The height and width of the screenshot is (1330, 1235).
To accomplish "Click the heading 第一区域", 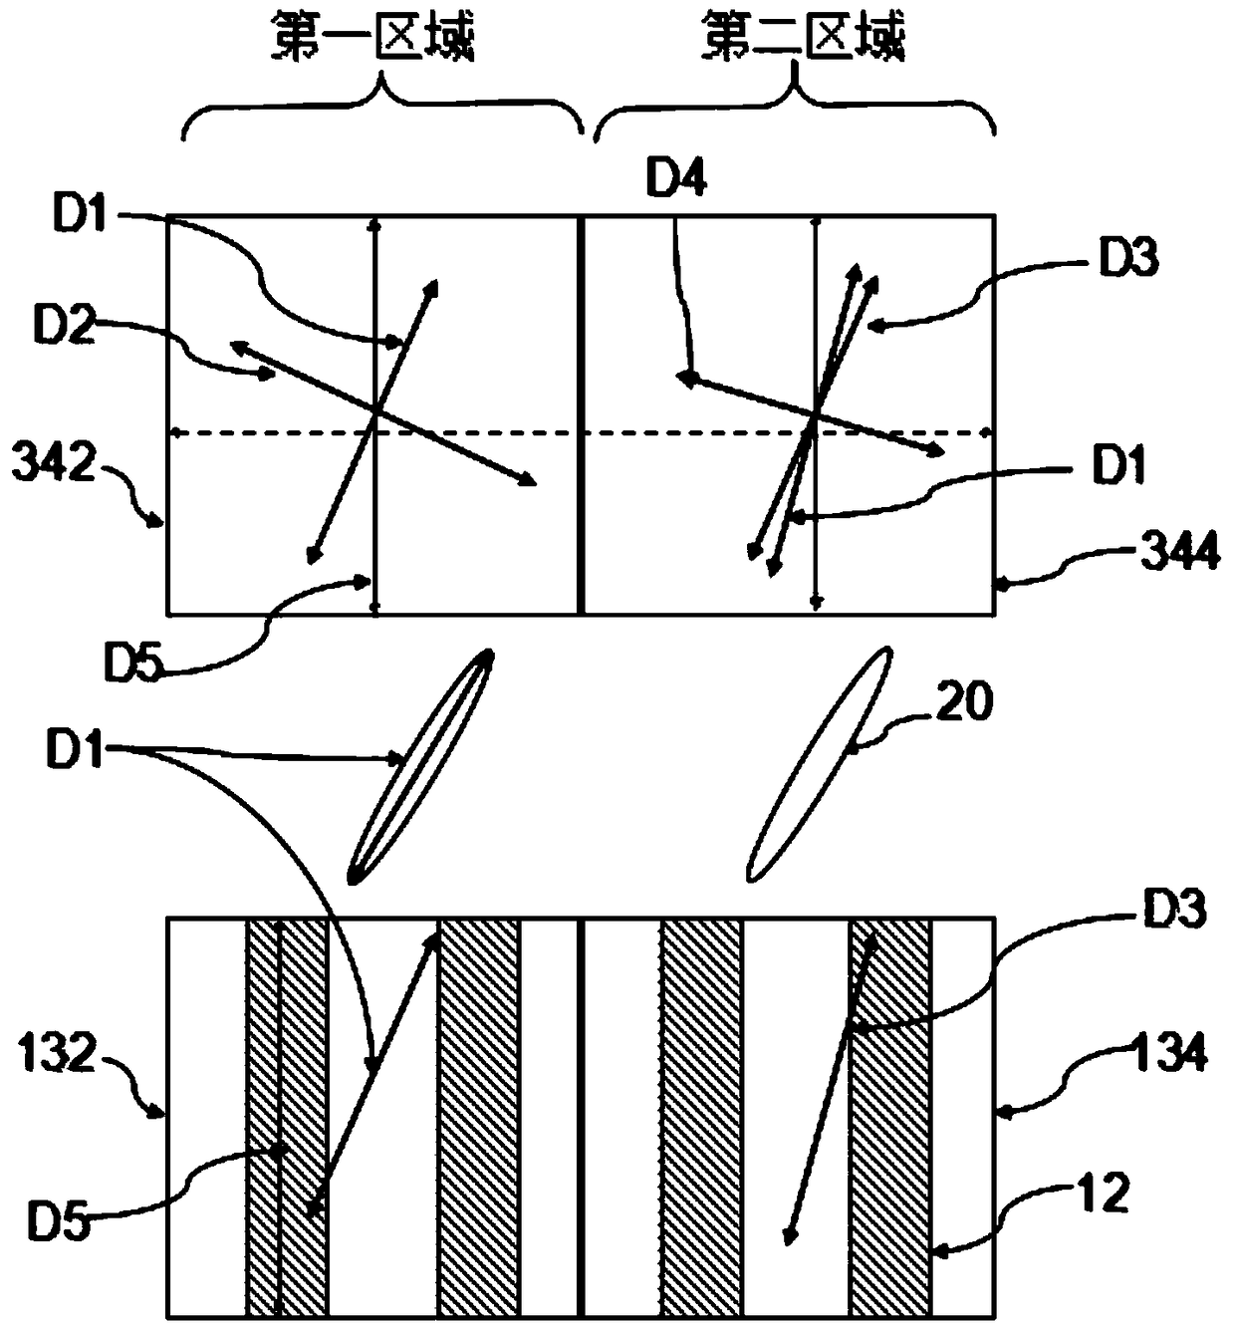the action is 372,37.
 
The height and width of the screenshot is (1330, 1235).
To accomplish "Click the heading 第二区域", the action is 803,37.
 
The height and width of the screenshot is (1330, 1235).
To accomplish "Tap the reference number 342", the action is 54,461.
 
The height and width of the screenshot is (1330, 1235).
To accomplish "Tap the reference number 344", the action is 1179,551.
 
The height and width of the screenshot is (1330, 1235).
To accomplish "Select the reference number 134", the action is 1168,1050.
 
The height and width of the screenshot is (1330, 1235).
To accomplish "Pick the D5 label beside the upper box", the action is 133,661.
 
